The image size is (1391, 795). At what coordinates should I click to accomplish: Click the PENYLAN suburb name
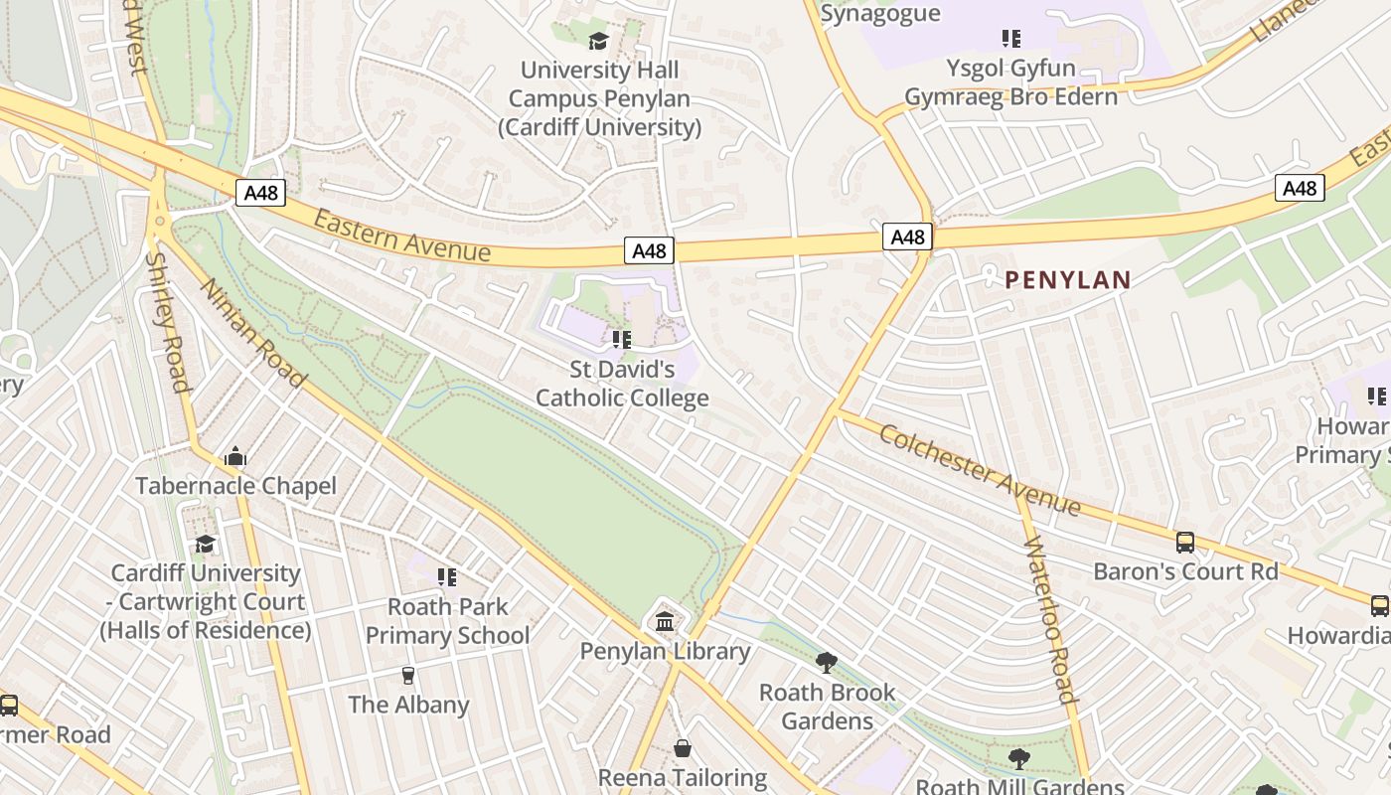pyautogui.click(x=1068, y=280)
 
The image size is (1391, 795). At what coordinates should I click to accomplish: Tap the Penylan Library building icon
pyautogui.click(x=665, y=622)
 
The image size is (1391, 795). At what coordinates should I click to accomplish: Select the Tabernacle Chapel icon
pyautogui.click(x=235, y=456)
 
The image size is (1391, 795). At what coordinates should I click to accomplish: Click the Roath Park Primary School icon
pyautogui.click(x=447, y=576)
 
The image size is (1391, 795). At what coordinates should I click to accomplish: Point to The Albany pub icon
pyautogui.click(x=408, y=676)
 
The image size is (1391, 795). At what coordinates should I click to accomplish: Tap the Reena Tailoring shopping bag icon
pyautogui.click(x=683, y=747)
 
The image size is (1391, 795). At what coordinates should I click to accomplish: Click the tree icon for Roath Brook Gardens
pyautogui.click(x=826, y=663)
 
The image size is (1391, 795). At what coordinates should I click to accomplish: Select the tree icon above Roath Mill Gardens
pyautogui.click(x=1018, y=759)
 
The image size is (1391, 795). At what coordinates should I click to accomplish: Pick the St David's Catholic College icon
pyautogui.click(x=622, y=341)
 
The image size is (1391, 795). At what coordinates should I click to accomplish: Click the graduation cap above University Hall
pyautogui.click(x=598, y=41)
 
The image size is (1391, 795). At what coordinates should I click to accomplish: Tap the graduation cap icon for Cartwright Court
pyautogui.click(x=205, y=544)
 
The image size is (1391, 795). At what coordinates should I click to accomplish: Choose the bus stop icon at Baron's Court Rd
pyautogui.click(x=1184, y=542)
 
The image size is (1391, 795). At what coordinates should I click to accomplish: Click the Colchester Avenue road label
pyautogui.click(x=979, y=470)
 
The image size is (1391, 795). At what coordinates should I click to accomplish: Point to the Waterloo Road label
pyautogui.click(x=1049, y=618)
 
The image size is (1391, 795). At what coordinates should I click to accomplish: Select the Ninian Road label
pyautogui.click(x=253, y=332)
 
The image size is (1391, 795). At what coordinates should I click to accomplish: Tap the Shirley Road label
pyautogui.click(x=167, y=321)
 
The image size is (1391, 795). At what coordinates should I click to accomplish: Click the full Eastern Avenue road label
pyautogui.click(x=401, y=236)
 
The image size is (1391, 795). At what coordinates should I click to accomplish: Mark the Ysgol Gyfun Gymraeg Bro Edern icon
pyautogui.click(x=1010, y=39)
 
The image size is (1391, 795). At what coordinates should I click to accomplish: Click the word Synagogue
pyautogui.click(x=880, y=13)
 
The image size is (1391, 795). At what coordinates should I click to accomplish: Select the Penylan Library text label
pyautogui.click(x=665, y=651)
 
